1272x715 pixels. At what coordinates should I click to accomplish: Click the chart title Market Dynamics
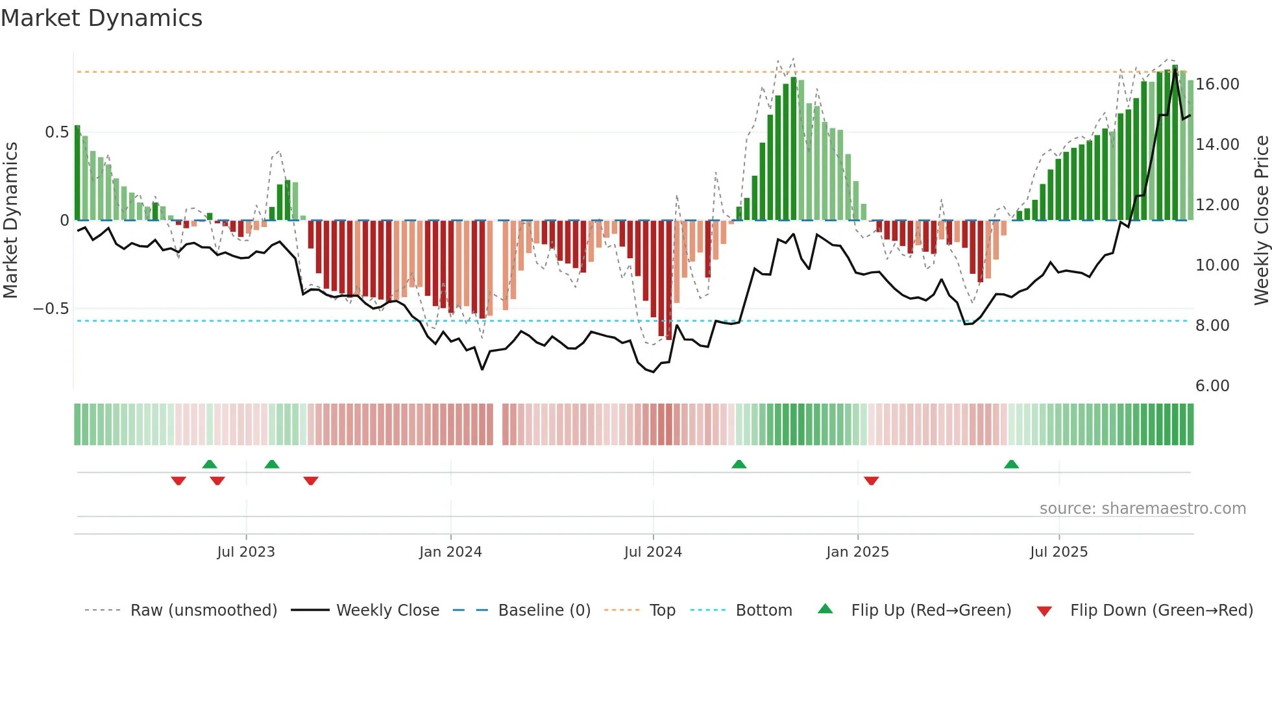[102, 18]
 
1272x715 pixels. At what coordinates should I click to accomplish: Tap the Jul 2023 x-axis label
[246, 552]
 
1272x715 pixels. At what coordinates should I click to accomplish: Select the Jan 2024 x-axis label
[450, 552]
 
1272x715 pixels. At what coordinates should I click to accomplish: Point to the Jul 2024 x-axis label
[653, 552]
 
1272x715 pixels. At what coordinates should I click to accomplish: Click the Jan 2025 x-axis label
[857, 552]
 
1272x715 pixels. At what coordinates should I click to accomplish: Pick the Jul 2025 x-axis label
[1058, 552]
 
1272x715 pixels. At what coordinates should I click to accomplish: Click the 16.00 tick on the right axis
[1217, 84]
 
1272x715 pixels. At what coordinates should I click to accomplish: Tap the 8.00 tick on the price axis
[1212, 326]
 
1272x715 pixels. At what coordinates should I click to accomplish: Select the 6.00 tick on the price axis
[1212, 386]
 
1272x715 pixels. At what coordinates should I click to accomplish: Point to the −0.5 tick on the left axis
[51, 309]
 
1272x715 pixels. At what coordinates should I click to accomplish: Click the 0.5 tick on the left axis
[56, 132]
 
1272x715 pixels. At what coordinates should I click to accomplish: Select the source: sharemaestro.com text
[1142, 509]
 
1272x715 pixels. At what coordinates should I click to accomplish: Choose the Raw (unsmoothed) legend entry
[203, 611]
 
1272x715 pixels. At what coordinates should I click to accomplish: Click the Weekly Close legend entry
[387, 611]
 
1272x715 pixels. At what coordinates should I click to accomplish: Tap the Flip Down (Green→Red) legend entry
[1161, 611]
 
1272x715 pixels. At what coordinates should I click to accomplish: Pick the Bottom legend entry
[763, 611]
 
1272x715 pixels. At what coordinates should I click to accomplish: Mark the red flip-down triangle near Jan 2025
[871, 481]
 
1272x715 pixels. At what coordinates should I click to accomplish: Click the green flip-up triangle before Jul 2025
[1011, 464]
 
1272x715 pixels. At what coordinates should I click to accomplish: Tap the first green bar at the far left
[77, 173]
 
